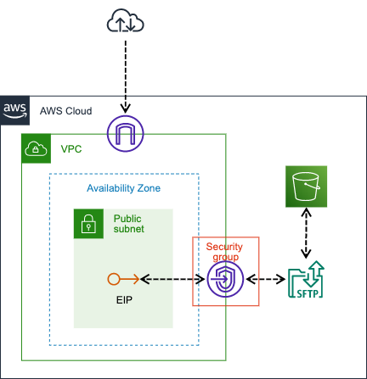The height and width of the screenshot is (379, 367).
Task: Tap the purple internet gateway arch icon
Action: (x=126, y=132)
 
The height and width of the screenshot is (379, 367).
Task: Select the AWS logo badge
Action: (x=14, y=110)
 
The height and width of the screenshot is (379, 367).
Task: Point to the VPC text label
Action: (x=71, y=149)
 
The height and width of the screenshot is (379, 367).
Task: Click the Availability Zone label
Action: (x=124, y=188)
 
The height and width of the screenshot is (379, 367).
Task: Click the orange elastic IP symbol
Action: (x=122, y=278)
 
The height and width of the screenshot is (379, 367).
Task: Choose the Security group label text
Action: (x=224, y=252)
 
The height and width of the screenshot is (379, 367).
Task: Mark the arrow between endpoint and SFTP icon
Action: (x=264, y=278)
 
